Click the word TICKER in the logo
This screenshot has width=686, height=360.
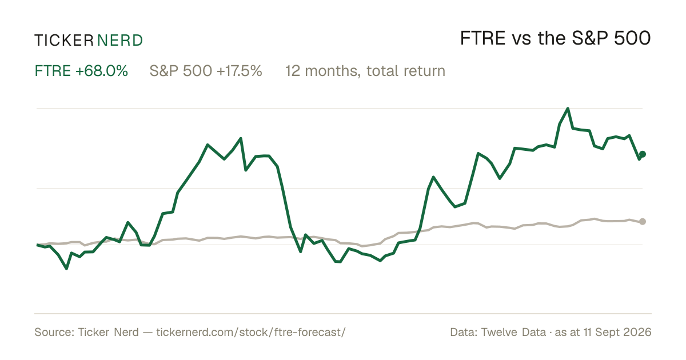click(x=63, y=41)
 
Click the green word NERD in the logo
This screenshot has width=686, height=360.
click(x=119, y=41)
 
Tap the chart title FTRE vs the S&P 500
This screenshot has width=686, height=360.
click(x=555, y=38)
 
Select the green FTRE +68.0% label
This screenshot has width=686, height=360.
click(x=81, y=71)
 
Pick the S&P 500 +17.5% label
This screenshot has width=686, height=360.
click(x=206, y=71)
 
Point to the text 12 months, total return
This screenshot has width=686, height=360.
click(x=365, y=71)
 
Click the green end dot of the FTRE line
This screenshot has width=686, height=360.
click(x=643, y=154)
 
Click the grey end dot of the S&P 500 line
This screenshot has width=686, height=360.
click(x=643, y=221)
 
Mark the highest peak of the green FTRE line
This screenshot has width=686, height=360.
click(x=568, y=109)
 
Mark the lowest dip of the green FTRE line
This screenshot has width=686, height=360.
click(x=66, y=269)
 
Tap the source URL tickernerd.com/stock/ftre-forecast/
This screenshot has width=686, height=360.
click(x=251, y=332)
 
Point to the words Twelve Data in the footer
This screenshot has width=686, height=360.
click(x=513, y=332)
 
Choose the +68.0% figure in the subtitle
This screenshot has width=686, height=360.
click(x=102, y=71)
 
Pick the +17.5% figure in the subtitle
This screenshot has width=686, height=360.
click(x=240, y=71)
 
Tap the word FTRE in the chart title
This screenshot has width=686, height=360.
click(x=482, y=38)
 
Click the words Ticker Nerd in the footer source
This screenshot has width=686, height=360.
click(x=109, y=332)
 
